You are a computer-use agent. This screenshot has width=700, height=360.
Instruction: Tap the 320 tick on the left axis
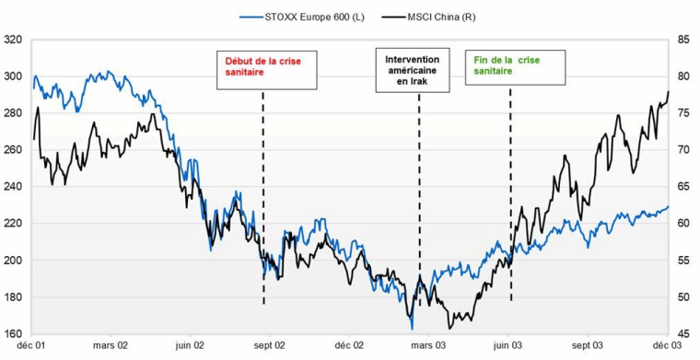pos(13,40)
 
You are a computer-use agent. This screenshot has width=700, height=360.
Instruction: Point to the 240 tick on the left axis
pos(13,187)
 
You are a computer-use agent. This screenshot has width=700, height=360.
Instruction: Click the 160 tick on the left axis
pos(13,334)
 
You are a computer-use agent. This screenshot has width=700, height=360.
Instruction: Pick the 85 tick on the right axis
pos(683,40)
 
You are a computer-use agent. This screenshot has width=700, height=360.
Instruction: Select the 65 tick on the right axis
pos(683,187)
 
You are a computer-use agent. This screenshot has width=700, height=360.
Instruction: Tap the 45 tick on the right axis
pos(683,334)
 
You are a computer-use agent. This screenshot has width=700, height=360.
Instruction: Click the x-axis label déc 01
pos(32,346)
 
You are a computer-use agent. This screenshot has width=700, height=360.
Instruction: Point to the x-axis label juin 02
pos(190,346)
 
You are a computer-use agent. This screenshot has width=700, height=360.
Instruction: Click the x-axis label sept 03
pos(588,346)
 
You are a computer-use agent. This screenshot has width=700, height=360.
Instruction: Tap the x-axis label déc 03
pos(666,346)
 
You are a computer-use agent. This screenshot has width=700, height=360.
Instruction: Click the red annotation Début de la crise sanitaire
pos(259,69)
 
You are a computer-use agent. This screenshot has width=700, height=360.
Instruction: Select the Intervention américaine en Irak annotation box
pos(413,69)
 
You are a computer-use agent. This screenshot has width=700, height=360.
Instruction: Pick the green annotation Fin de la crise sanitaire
pos(508,64)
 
